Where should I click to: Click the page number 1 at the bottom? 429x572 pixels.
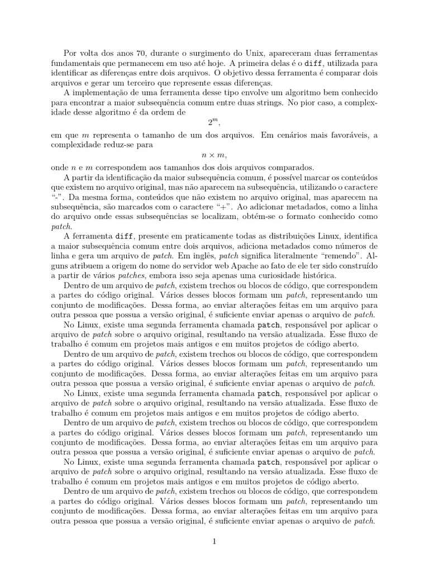pos(214,541)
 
